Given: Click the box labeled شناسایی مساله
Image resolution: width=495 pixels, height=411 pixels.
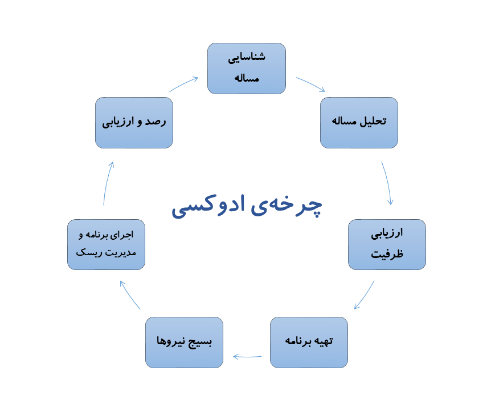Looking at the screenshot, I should [x=246, y=68].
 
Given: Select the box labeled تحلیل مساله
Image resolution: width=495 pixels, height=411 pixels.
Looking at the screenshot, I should [x=359, y=122].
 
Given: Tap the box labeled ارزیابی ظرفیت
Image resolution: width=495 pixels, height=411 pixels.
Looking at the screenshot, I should [x=387, y=244].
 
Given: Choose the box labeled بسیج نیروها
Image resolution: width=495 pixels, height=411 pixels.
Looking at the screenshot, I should [x=184, y=342].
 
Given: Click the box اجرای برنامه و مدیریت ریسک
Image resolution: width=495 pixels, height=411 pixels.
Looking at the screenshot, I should [x=106, y=244].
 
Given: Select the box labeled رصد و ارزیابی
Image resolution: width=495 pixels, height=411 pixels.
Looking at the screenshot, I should [x=134, y=122].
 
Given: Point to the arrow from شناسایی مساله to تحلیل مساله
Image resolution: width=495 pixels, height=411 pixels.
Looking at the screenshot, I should [x=310, y=84].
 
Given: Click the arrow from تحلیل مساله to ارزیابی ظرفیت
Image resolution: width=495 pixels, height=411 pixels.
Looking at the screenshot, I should [x=388, y=183].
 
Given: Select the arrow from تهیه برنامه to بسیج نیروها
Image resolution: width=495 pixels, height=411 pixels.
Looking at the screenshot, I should [x=247, y=357].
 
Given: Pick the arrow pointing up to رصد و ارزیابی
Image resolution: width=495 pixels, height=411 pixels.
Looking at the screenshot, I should [x=108, y=183].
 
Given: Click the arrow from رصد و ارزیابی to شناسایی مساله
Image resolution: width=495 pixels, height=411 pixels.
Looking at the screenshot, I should [x=184, y=84].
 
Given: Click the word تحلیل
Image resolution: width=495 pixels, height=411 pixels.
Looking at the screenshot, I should [x=374, y=122].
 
